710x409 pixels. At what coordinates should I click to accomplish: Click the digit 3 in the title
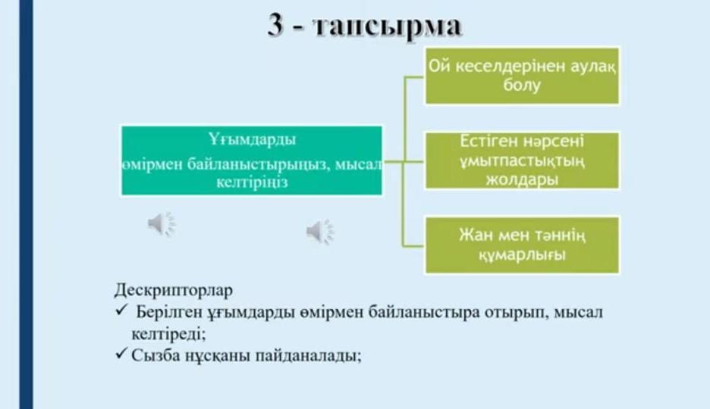pyautogui.click(x=275, y=24)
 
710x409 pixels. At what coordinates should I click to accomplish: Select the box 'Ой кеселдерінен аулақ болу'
pyautogui.click(x=522, y=76)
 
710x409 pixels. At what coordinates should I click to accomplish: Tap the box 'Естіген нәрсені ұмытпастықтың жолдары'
pyautogui.click(x=522, y=161)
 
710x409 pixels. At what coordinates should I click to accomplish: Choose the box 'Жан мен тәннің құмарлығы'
pyautogui.click(x=522, y=245)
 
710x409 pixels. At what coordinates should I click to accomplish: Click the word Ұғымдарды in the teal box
pyautogui.click(x=252, y=139)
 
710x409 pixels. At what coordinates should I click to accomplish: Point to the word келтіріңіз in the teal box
pyautogui.click(x=252, y=183)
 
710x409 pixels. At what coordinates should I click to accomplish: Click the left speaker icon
pyautogui.click(x=162, y=223)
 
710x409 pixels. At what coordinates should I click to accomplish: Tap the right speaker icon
pyautogui.click(x=319, y=232)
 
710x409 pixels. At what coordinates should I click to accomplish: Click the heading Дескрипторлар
pyautogui.click(x=174, y=290)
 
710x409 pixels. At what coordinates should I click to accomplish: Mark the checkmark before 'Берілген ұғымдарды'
pyautogui.click(x=121, y=310)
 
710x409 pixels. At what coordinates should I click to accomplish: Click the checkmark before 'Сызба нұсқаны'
pyautogui.click(x=121, y=353)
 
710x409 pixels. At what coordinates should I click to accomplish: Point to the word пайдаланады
pyautogui.click(x=309, y=356)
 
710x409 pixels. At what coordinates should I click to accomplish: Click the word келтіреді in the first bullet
pyautogui.click(x=168, y=334)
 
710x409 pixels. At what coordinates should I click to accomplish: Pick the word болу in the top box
pyautogui.click(x=522, y=85)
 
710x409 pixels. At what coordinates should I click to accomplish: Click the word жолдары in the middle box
pyautogui.click(x=522, y=180)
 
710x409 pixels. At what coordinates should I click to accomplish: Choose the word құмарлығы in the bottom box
pyautogui.click(x=522, y=255)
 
